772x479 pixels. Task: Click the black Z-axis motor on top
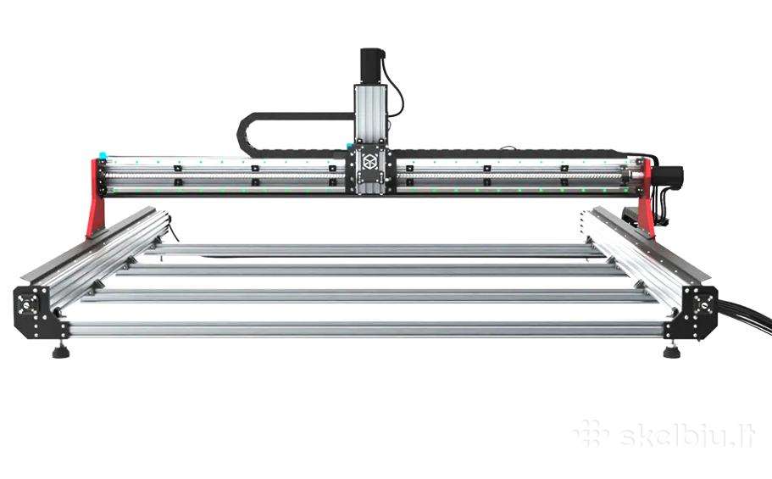click(372, 66)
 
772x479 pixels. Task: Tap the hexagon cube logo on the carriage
click(370, 161)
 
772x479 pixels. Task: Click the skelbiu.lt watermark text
click(686, 435)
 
